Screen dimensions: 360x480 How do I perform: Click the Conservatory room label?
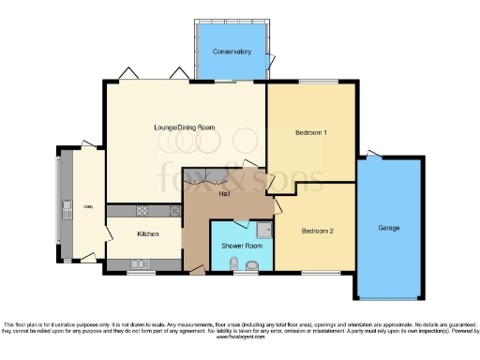tap(230, 51)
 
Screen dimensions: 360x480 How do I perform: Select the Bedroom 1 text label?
tap(311, 132)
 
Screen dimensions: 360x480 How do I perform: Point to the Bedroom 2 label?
tap(317, 230)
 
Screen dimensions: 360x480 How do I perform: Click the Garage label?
tap(389, 228)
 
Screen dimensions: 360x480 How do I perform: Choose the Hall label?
tap(225, 194)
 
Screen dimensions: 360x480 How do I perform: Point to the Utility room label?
tap(87, 206)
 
